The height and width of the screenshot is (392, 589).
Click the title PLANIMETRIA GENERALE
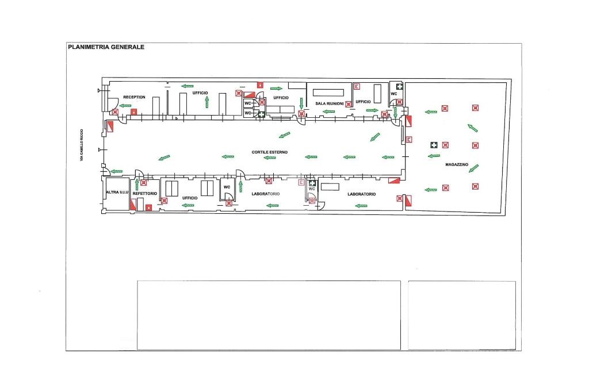pyautogui.click(x=106, y=47)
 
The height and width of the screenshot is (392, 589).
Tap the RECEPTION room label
pyautogui.click(x=134, y=97)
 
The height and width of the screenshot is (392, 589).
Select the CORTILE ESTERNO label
pyautogui.click(x=269, y=152)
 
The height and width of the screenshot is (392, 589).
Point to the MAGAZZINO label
pyautogui.click(x=457, y=164)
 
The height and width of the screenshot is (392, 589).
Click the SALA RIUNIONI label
pyautogui.click(x=330, y=103)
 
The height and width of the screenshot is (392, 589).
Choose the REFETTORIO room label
pyautogui.click(x=144, y=194)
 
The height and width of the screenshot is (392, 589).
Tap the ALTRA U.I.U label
pyautogui.click(x=116, y=191)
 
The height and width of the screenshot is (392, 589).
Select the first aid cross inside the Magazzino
pyautogui.click(x=433, y=145)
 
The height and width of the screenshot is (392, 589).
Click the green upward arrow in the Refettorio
pyautogui.click(x=136, y=184)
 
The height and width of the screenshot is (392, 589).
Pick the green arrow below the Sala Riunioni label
pyautogui.click(x=301, y=102)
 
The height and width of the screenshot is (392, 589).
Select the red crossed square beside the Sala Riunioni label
pyautogui.click(x=349, y=104)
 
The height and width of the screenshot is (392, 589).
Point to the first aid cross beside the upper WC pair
pyautogui.click(x=261, y=114)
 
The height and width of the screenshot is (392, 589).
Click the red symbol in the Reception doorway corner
pyautogui.click(x=116, y=112)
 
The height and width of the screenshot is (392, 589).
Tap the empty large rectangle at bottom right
pyautogui.click(x=461, y=315)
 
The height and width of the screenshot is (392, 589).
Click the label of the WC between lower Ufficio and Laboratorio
pyautogui.click(x=227, y=187)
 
